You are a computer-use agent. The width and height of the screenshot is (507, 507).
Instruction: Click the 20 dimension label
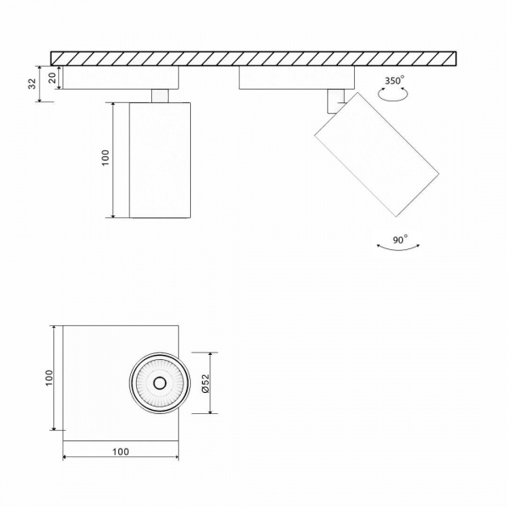pyautogui.click(x=52, y=77)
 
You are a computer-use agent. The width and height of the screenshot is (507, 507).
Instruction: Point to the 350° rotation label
pyautogui.click(x=394, y=81)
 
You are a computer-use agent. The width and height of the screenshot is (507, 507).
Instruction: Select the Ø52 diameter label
pyautogui.click(x=206, y=384)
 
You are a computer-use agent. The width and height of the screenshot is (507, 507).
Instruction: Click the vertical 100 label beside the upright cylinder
pyautogui.click(x=106, y=159)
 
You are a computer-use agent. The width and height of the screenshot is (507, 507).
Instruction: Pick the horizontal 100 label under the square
pyautogui.click(x=120, y=452)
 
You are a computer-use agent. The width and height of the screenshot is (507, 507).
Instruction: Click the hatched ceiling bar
pyautogui.click(x=253, y=57)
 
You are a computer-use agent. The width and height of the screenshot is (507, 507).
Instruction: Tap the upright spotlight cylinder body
pyautogui.click(x=160, y=160)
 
